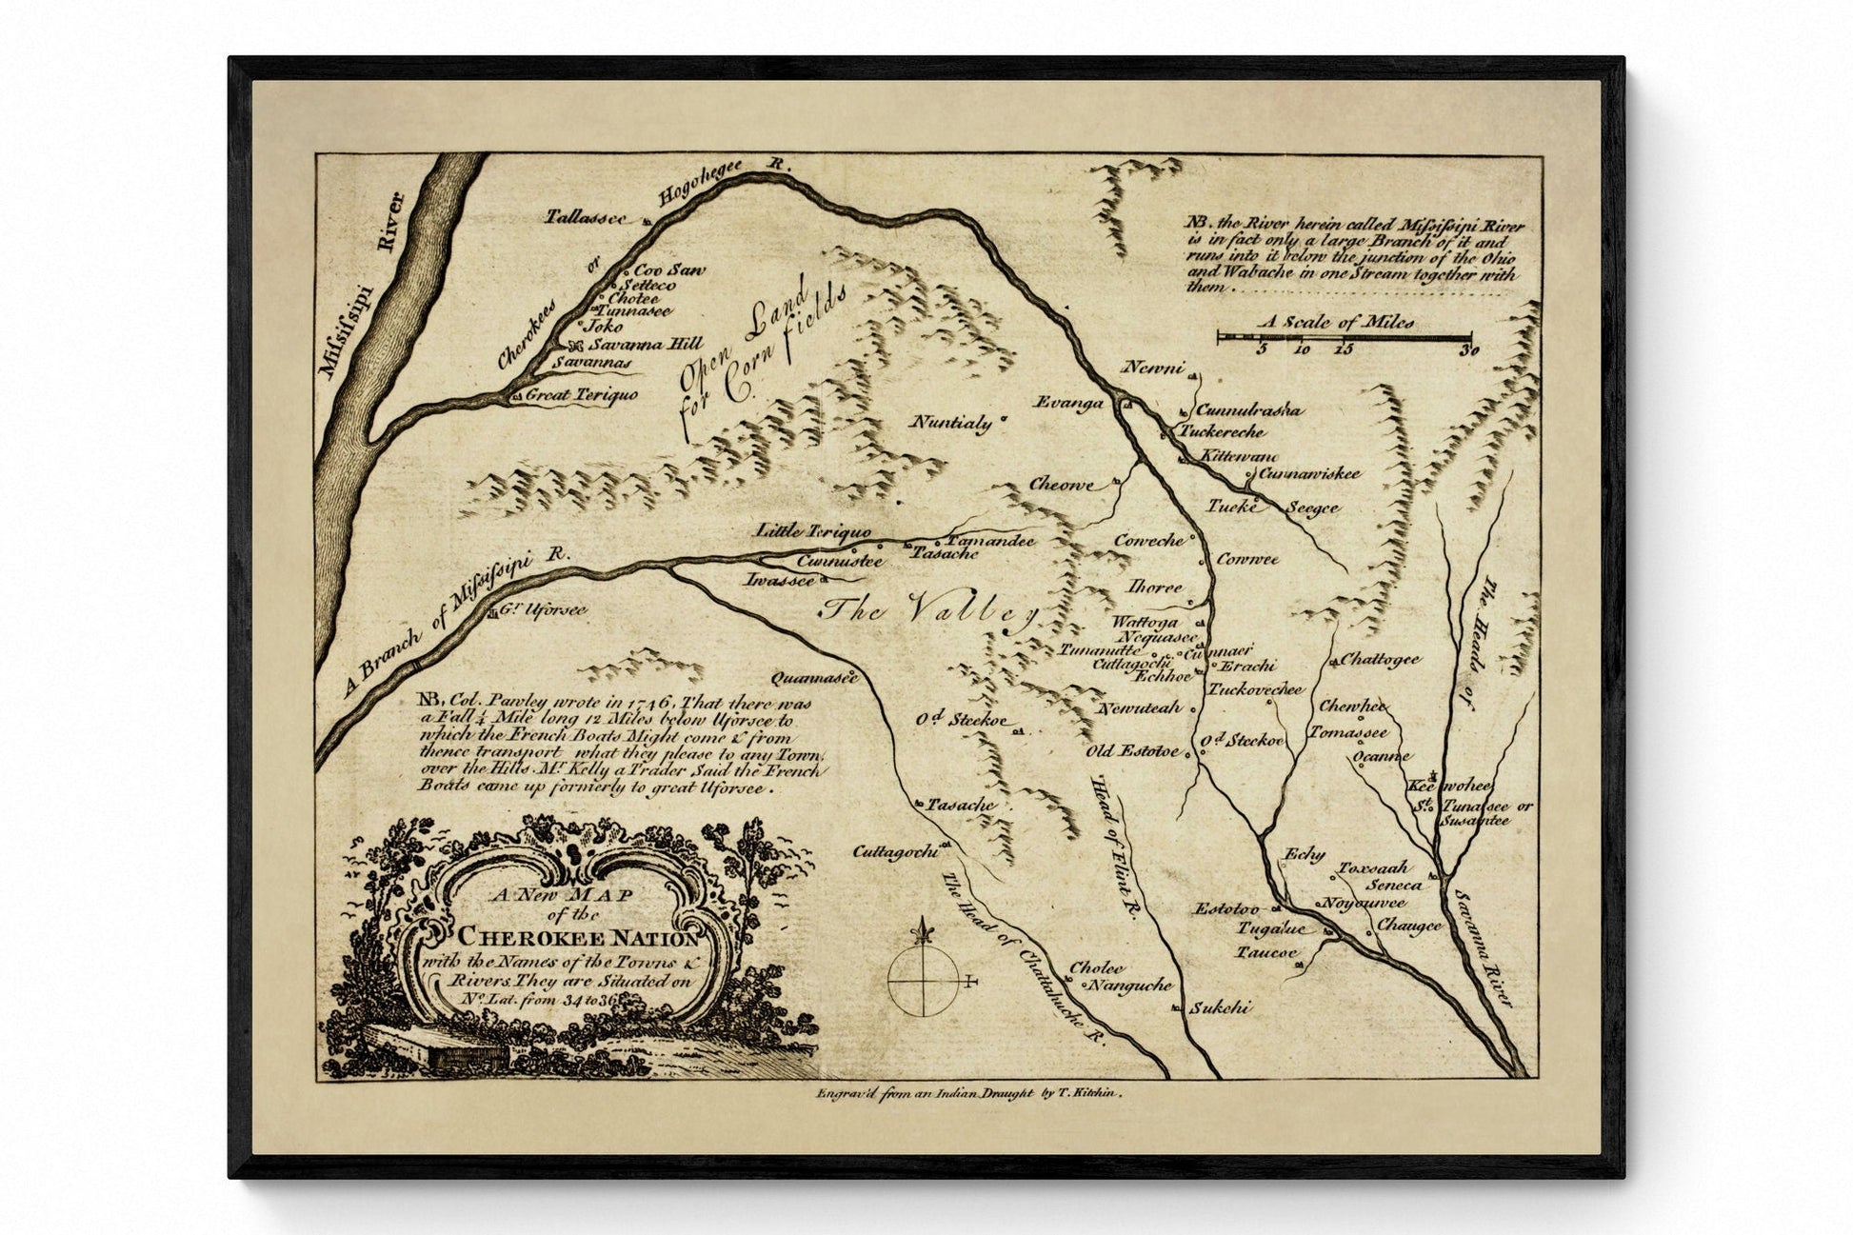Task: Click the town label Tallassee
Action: pyautogui.click(x=585, y=217)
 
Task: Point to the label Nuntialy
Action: pyautogui.click(x=951, y=423)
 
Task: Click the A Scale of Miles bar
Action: pyautogui.click(x=1344, y=336)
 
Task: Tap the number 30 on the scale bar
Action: pyautogui.click(x=1470, y=350)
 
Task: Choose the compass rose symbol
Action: pyautogui.click(x=923, y=970)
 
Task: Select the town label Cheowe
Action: pyautogui.click(x=1061, y=485)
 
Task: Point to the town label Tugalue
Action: pyautogui.click(x=1269, y=928)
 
